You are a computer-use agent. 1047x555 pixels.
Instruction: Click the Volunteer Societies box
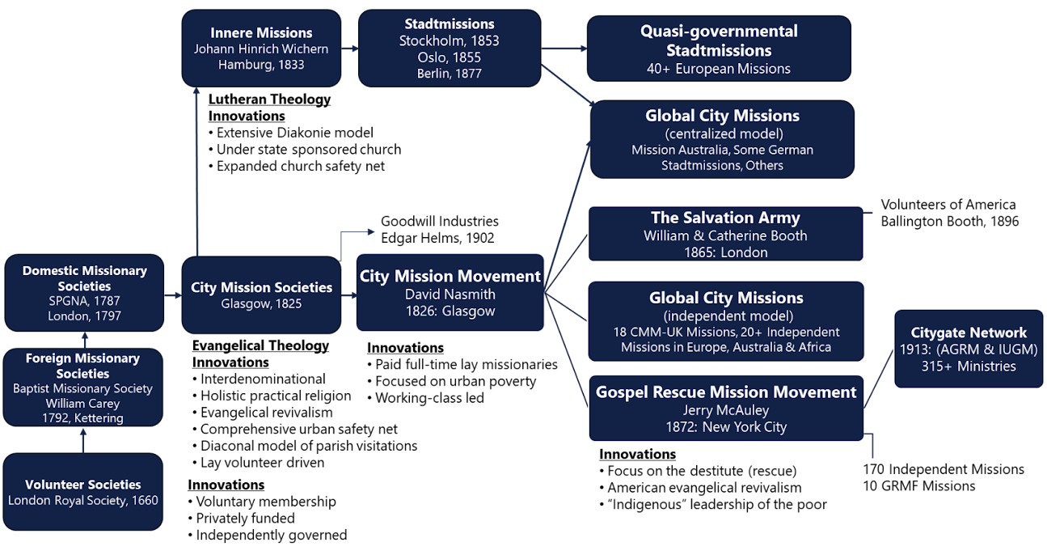pos(82,492)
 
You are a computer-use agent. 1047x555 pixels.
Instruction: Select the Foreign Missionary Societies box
pos(82,388)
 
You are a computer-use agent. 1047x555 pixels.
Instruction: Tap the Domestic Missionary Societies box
pos(84,293)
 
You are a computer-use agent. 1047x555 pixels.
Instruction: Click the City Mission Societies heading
pos(261,287)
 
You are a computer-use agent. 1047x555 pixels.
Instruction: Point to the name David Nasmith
pos(450,294)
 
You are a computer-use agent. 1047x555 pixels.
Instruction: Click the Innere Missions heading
pos(261,33)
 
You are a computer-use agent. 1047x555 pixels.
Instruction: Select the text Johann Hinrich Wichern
pos(261,49)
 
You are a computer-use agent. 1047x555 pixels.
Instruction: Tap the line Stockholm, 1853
pos(449,40)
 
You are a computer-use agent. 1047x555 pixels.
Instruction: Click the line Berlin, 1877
pos(449,74)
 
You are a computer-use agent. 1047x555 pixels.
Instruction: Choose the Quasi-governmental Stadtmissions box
pos(719,49)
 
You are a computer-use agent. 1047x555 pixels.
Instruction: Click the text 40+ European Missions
pos(719,69)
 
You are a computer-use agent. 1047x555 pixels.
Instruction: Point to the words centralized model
pos(724,133)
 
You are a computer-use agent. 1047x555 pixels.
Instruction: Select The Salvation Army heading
pos(725,218)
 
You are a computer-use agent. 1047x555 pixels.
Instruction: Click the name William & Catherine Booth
pos(725,235)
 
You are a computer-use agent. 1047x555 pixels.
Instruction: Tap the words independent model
pos(725,316)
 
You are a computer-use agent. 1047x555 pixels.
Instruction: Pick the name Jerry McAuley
pos(725,410)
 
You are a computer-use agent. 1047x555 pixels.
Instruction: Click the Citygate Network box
pos(969,349)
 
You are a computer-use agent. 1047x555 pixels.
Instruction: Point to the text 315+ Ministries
pos(969,366)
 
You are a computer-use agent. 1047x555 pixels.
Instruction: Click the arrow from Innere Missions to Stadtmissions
pos(349,49)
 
